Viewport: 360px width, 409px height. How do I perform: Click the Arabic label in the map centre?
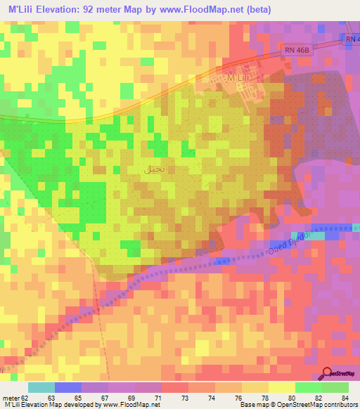[x=155, y=169]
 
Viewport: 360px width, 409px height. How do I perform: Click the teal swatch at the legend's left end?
[x=41, y=387]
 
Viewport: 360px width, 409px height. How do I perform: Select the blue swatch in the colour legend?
[x=68, y=387]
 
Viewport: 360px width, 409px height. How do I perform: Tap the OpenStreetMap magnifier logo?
[x=327, y=374]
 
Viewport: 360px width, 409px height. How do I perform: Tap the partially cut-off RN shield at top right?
[x=353, y=40]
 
